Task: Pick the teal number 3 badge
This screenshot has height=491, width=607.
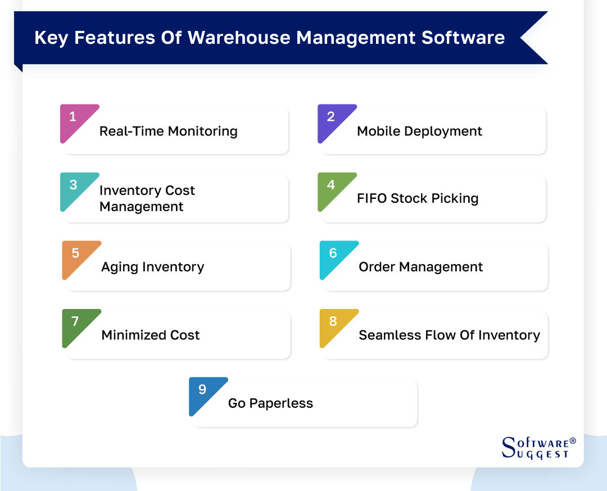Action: click(x=74, y=186)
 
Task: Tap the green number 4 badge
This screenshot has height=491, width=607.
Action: click(x=331, y=186)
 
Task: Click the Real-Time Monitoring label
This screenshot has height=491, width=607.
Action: click(x=168, y=131)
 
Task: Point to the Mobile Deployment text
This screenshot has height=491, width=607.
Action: click(x=419, y=131)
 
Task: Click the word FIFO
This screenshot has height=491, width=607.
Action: click(x=372, y=199)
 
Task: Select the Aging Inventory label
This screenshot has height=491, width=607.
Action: click(x=152, y=267)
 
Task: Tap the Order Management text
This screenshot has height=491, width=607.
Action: click(x=420, y=267)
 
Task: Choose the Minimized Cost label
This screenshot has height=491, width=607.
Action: click(x=150, y=335)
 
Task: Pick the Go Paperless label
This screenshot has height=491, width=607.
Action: click(x=270, y=403)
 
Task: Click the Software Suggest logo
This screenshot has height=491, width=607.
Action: click(x=538, y=448)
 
